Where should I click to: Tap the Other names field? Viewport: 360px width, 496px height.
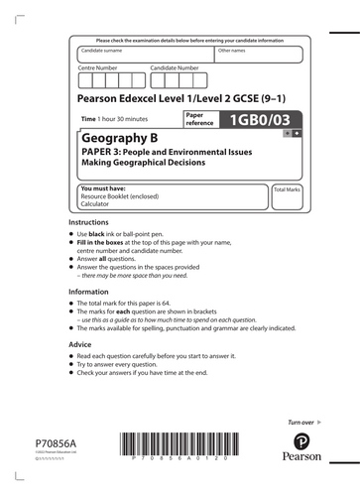[261, 56]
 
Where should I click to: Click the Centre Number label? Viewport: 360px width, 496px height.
[98, 67]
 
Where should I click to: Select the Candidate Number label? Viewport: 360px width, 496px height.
[176, 67]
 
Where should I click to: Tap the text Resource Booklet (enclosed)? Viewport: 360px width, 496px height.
[116, 195]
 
